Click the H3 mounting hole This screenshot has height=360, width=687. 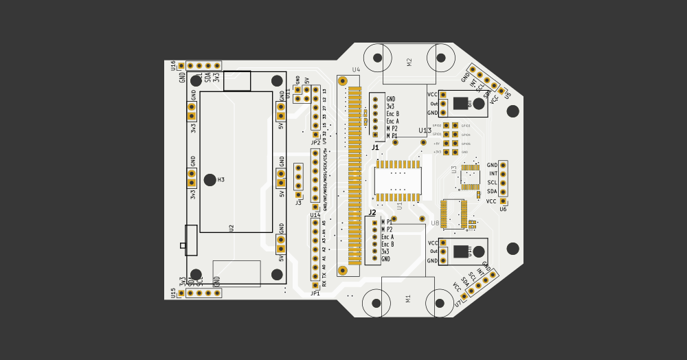point(210,180)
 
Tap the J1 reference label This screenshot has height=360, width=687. point(375,147)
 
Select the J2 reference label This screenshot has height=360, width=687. point(372,213)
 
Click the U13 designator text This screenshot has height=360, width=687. point(425,131)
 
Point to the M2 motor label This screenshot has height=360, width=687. point(409,62)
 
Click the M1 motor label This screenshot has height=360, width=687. point(408,298)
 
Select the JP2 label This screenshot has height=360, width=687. point(315,143)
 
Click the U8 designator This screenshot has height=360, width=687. point(435,223)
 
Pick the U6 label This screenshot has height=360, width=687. point(503,209)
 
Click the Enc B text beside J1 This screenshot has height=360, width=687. point(392,114)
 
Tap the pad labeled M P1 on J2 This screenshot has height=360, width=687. point(374,223)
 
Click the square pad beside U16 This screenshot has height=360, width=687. point(181,66)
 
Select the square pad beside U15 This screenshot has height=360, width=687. point(181,293)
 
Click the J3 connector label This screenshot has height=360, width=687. point(298,203)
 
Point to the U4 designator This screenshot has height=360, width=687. point(356,70)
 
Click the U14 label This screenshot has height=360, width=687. point(315,215)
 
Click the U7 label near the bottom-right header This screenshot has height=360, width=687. point(458,303)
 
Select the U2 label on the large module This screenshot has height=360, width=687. point(232,227)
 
